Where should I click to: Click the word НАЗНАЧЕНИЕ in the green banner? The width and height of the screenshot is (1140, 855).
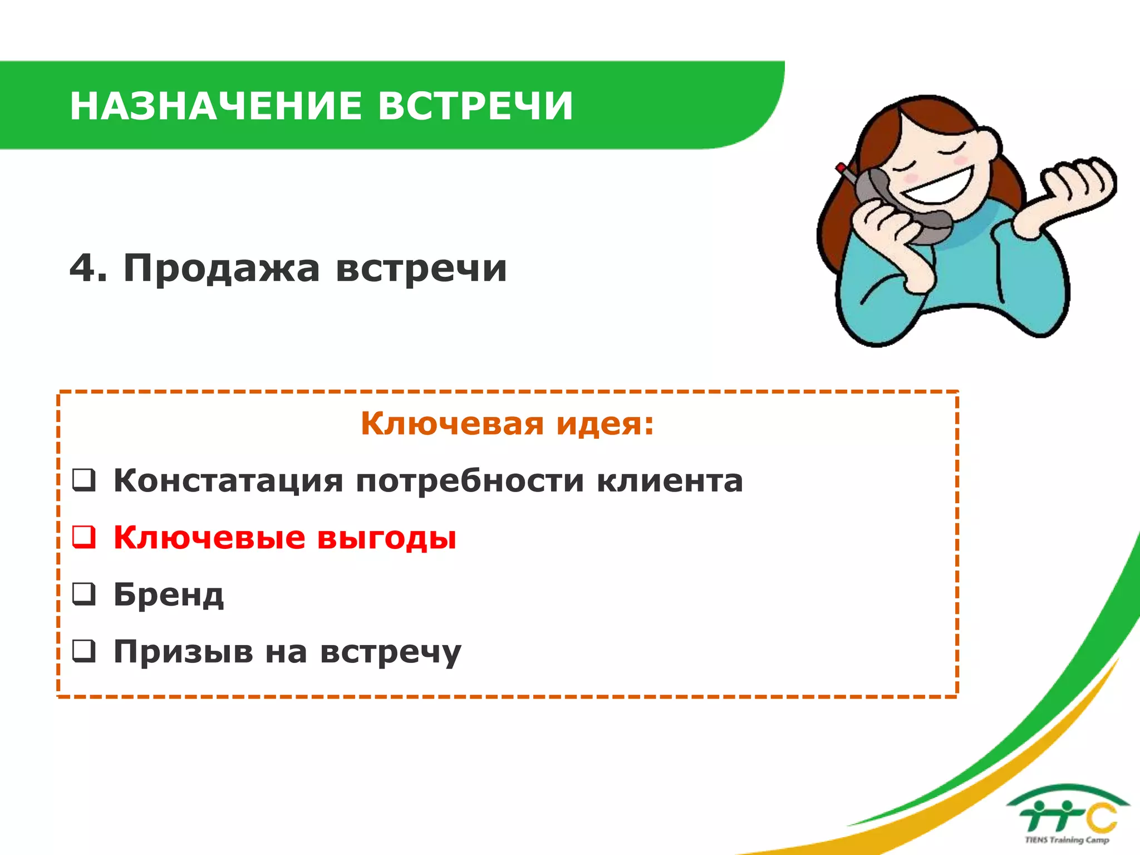[x=217, y=106]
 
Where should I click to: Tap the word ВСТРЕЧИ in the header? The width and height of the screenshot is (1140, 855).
[x=475, y=106]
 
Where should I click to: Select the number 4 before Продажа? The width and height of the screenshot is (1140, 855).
[x=81, y=268]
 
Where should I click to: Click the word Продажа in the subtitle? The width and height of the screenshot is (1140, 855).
[x=222, y=269]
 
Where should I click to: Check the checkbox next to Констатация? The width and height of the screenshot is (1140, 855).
[x=84, y=480]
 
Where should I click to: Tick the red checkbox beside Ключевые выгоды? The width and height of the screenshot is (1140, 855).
[x=84, y=537]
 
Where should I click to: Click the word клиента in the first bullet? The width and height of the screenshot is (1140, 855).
[x=670, y=480]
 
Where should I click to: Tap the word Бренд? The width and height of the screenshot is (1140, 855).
[x=169, y=594]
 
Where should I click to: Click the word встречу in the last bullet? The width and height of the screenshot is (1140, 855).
[x=391, y=652]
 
